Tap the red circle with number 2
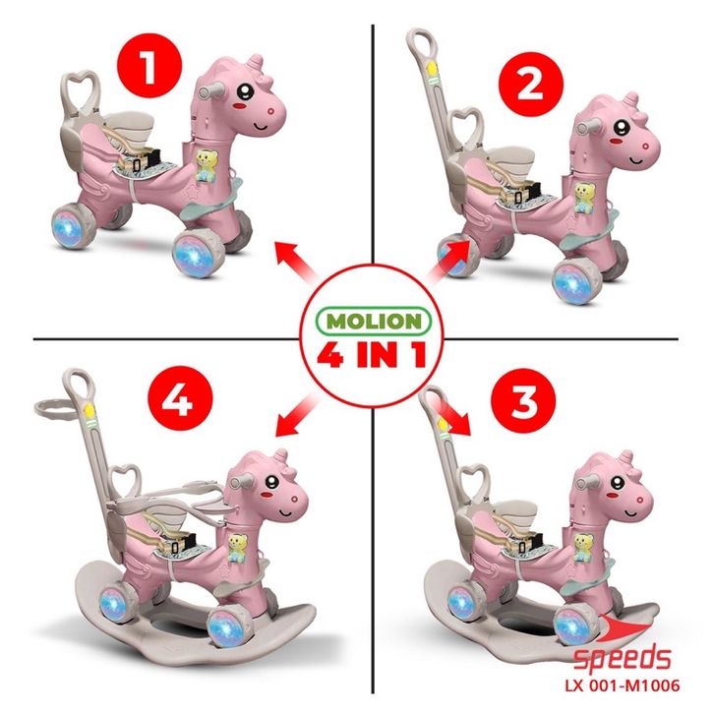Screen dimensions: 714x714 pos(531,85)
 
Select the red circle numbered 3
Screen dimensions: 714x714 pos(524,400)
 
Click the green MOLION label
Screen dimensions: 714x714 pos(374,321)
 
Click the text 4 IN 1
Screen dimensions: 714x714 pos(373,354)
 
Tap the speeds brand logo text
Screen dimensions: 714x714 pos(622,658)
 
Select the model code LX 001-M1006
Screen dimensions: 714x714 pos(623,685)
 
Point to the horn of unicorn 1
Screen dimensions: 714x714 pos(256,62)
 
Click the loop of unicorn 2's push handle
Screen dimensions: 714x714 pos(419,43)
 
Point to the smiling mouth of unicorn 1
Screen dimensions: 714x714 pos(263,125)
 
